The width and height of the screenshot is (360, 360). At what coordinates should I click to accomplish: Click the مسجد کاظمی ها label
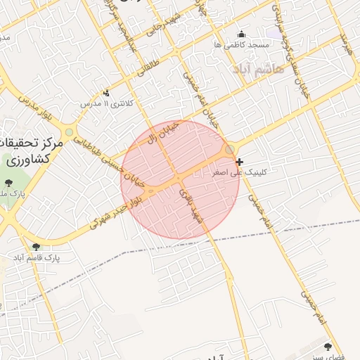(242, 44)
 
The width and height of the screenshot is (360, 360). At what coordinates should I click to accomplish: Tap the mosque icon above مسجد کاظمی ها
(242, 33)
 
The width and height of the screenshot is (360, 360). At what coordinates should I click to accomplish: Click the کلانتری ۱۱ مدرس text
(106, 103)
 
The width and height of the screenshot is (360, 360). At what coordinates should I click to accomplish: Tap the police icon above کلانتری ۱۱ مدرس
(106, 93)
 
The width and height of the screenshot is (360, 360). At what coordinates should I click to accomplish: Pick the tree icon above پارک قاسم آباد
(36, 247)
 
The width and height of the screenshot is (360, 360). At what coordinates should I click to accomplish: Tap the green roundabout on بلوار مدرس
(69, 132)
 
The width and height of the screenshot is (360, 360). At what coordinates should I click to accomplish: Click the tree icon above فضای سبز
(328, 347)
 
